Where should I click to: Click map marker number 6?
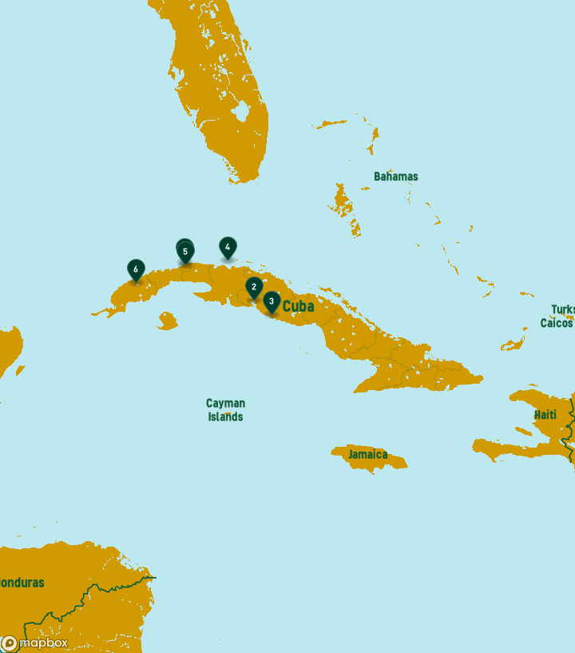[x=136, y=269]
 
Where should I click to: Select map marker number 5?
[x=185, y=252]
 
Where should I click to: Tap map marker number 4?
[x=228, y=247]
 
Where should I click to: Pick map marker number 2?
[x=254, y=286]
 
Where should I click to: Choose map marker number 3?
[x=272, y=301]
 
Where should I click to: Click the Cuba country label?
[x=299, y=306]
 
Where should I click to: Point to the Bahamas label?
[x=395, y=176]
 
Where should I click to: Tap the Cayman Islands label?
[x=226, y=410]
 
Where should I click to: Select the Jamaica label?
[x=367, y=454]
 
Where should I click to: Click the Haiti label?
[x=545, y=415]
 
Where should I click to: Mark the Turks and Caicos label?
[x=559, y=317]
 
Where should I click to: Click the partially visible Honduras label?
[x=22, y=583]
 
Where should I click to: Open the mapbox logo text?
[x=43, y=643]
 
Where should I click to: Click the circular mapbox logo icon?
[x=10, y=643]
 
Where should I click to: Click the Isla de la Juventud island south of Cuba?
[x=167, y=321]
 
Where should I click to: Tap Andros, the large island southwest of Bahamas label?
[x=343, y=200]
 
